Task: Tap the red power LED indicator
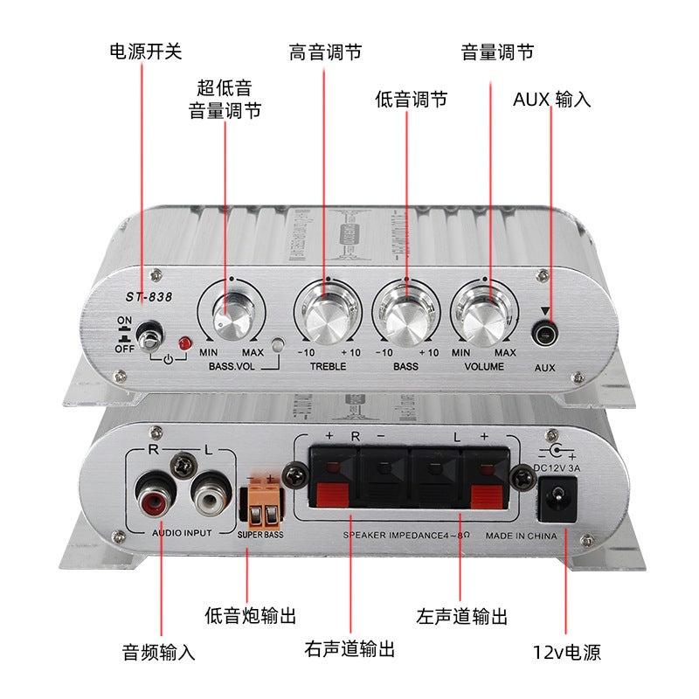(183, 344)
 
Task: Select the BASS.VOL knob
(233, 313)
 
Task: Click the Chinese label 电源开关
(146, 52)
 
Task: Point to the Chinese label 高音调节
(325, 52)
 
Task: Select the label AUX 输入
(551, 99)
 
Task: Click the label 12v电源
(566, 651)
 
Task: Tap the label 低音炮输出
(250, 616)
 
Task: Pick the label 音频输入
(158, 651)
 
